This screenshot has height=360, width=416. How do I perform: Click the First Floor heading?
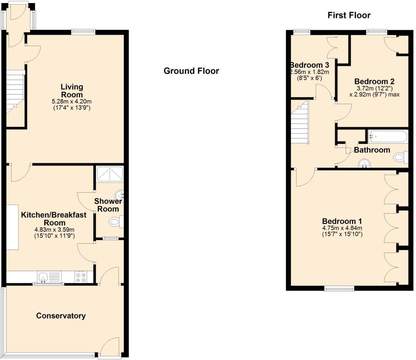[x=349, y=15]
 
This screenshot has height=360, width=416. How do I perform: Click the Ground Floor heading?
[x=191, y=71]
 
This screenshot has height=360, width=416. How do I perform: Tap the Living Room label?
[x=72, y=91]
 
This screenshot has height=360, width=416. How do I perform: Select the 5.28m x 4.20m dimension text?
[x=72, y=101]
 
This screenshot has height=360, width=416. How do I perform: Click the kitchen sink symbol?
[x=43, y=278]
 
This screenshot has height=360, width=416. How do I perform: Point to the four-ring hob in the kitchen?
[x=81, y=277]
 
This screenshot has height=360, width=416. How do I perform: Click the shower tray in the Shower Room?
[x=110, y=174]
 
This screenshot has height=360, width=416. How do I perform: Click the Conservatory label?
[x=61, y=316]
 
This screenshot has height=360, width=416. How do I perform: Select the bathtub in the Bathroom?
[x=388, y=137]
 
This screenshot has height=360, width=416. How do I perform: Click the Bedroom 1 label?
[x=342, y=221]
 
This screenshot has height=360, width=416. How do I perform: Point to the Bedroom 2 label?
[x=374, y=81]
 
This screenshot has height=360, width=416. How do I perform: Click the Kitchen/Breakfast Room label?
[x=54, y=219]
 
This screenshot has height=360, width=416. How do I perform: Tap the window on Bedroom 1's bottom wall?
[x=339, y=288]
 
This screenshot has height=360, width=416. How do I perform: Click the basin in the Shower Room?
[x=119, y=195]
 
